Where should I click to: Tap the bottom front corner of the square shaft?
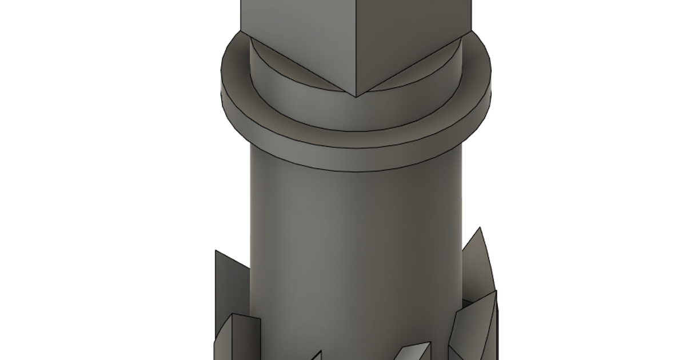click(x=356, y=97)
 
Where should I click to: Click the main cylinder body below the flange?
click(x=354, y=240)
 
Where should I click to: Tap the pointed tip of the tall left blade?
click(x=216, y=251)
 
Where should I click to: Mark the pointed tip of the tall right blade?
click(x=480, y=228)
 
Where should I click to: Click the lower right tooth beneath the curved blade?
click(x=474, y=326)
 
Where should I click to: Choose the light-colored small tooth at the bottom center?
click(x=414, y=351)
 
